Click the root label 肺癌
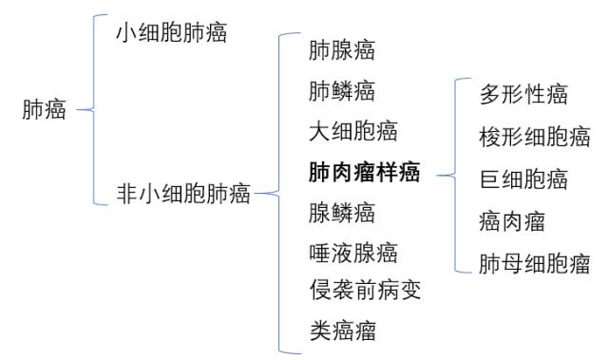(x=44, y=110)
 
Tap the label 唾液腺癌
(x=352, y=252)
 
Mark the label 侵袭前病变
(x=365, y=290)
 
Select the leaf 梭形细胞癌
(x=535, y=137)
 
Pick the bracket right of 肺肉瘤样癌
(x=457, y=175)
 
